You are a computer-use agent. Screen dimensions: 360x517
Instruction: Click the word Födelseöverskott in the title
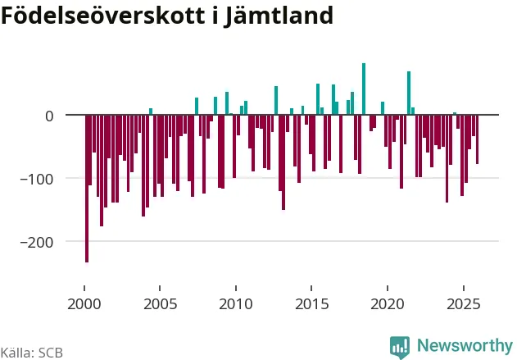(107, 16)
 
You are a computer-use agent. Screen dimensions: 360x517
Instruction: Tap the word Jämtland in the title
(280, 16)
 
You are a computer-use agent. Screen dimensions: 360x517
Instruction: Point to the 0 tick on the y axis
(49, 116)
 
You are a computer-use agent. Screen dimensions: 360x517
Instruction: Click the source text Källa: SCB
(31, 353)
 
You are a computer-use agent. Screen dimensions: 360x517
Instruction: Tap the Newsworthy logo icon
(400, 346)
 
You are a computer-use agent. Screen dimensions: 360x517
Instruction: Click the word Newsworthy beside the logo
(464, 345)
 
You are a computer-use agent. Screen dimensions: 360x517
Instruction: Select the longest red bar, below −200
(87, 189)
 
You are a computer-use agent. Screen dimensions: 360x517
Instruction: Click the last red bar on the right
(477, 139)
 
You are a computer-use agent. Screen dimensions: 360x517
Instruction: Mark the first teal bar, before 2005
(151, 112)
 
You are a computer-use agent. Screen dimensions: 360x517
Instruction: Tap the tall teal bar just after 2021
(409, 93)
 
